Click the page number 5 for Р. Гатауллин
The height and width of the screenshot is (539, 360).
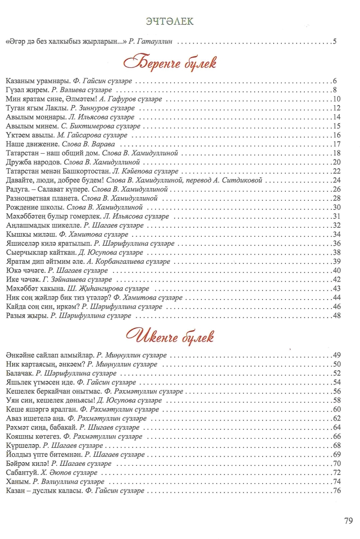click(335, 42)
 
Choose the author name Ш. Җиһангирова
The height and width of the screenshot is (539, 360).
click(93, 288)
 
